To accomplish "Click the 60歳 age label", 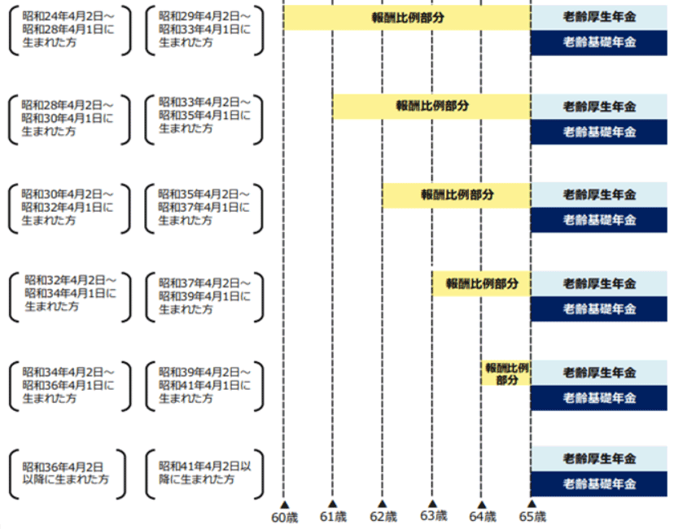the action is tap(284, 517).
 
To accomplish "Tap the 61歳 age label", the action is tap(333, 517).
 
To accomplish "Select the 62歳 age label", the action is tap(383, 517).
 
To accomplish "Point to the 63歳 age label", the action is tap(433, 516).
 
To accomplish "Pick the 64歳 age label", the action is tap(482, 517).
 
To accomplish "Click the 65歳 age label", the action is tap(532, 517).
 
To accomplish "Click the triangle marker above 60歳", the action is tap(284, 505).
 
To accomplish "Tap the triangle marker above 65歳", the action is tap(532, 504).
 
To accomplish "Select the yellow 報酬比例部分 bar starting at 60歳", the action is tap(407, 18).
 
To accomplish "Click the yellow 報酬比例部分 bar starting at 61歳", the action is tap(431, 106).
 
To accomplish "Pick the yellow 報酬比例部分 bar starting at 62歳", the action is tap(457, 195).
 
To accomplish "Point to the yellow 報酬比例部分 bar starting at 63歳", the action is tap(481, 283).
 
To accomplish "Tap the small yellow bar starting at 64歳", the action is tap(506, 373).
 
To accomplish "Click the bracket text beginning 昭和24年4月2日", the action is tap(68, 29).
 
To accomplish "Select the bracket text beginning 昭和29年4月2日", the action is tap(204, 29).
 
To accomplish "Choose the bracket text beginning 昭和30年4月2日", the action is tap(68, 208).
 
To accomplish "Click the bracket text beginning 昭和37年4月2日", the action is tap(204, 296).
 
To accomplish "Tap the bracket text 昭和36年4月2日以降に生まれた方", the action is tap(65, 473).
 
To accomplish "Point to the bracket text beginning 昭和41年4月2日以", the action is tap(204, 473).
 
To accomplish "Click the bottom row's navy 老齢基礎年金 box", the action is tap(599, 484).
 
